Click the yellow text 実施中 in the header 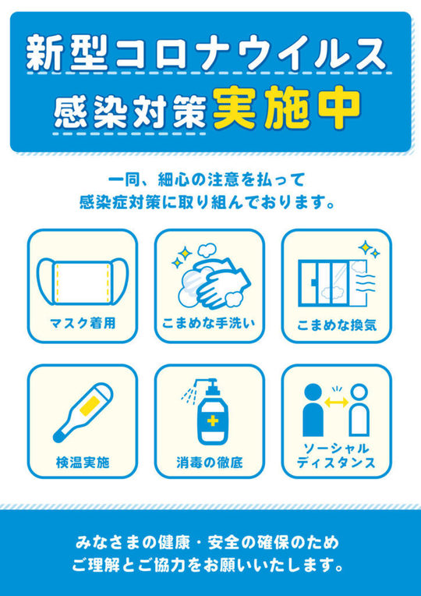286,108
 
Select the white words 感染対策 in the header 130,112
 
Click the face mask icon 83,282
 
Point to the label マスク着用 83,324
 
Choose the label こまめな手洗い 209,324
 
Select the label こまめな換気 336,326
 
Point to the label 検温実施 83,462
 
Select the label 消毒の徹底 210,462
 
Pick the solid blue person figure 313,410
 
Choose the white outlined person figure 359,410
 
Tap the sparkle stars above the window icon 368,249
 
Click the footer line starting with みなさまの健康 207,543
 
